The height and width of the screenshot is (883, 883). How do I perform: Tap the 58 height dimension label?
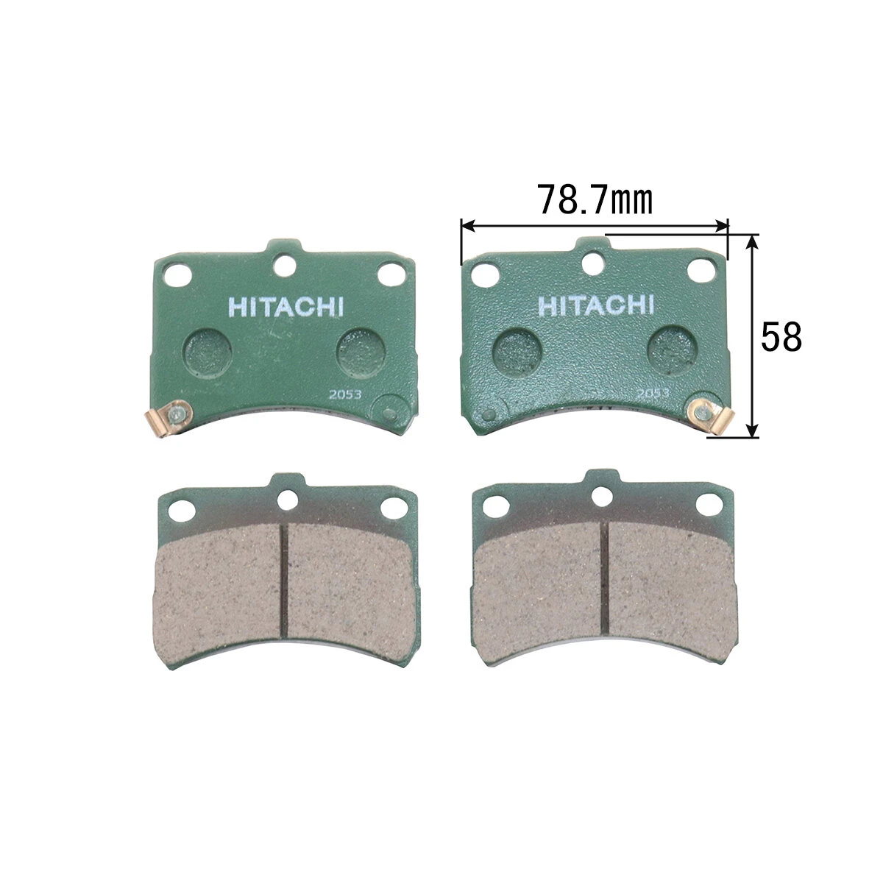click(781, 337)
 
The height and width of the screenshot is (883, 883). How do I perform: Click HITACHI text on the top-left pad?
click(286, 307)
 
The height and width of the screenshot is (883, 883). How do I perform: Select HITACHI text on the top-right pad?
click(596, 305)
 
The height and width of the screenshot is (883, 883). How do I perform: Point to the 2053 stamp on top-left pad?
click(345, 394)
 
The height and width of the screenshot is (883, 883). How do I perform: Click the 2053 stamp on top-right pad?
click(653, 393)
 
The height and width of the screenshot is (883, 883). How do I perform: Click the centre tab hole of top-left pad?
click(285, 266)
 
